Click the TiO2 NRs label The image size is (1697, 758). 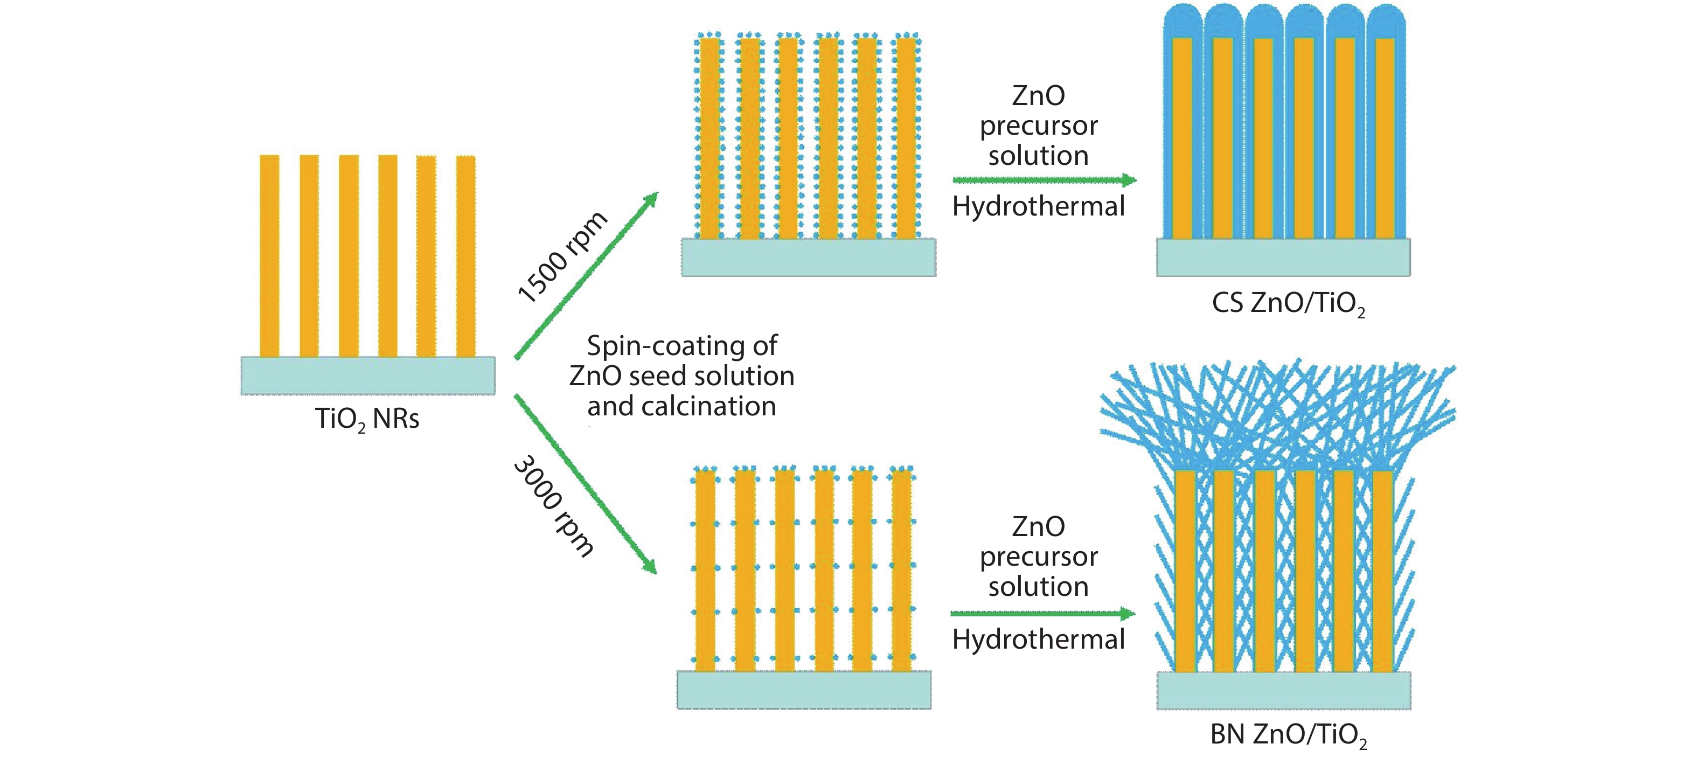point(367,419)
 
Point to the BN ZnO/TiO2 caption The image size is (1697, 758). point(1288,734)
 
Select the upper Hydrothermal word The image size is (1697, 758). point(1038,207)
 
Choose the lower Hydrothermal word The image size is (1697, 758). point(1038,639)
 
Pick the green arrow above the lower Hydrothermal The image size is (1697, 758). point(1043,614)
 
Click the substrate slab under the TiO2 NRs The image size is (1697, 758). point(367,375)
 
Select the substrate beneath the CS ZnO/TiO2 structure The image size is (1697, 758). point(1283,258)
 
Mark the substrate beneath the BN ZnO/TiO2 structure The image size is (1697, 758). point(1283,690)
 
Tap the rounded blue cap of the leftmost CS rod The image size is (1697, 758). point(1183,20)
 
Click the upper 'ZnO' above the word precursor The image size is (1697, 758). point(1038,96)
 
